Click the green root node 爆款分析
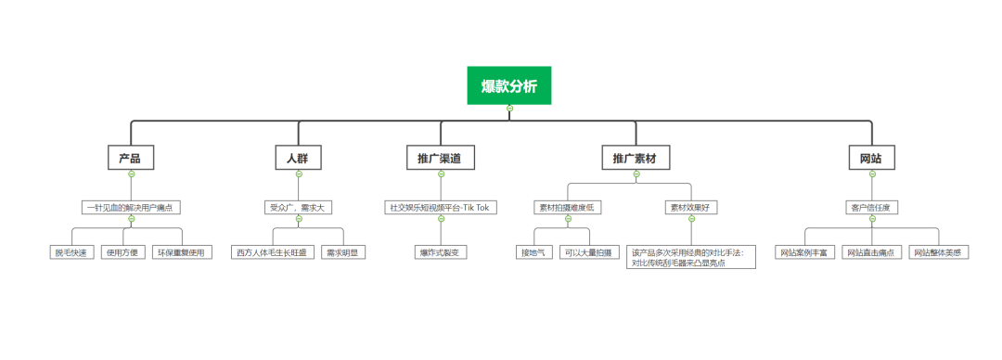[508, 85]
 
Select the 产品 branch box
[131, 159]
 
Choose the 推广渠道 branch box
[441, 159]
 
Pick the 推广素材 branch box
[635, 159]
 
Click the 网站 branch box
[871, 159]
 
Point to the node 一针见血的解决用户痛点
[132, 207]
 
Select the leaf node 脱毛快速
[72, 251]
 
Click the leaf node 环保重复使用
[183, 251]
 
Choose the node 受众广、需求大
[298, 207]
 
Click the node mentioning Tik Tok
[441, 207]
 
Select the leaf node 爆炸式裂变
[441, 251]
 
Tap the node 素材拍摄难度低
[568, 207]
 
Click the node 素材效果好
[690, 207]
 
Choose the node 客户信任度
[871, 207]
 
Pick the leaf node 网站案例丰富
[803, 251]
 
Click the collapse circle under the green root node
[509, 109]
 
